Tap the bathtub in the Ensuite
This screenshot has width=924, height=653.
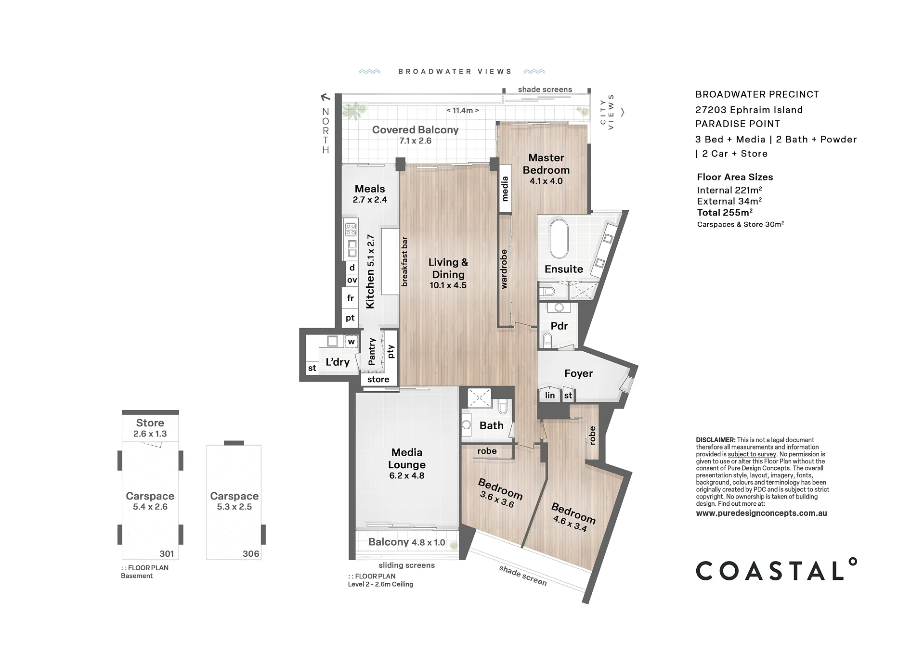click(559, 240)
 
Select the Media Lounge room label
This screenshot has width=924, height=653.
click(407, 464)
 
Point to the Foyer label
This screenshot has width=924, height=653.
click(578, 373)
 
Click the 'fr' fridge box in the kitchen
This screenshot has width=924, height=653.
click(351, 298)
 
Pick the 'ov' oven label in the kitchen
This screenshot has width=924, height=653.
click(352, 280)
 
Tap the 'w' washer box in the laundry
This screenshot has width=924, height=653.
click(351, 342)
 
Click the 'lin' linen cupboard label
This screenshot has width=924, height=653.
click(550, 396)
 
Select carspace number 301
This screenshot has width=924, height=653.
click(167, 553)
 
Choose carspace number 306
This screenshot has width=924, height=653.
click(251, 553)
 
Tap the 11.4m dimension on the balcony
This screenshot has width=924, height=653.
click(463, 111)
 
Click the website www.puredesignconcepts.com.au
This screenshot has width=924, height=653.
click(761, 513)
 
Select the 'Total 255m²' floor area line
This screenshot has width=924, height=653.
click(725, 212)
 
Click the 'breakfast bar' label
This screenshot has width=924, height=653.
click(404, 261)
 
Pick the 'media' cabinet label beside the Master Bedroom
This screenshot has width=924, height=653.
click(505, 189)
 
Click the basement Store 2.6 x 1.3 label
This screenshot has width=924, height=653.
click(150, 428)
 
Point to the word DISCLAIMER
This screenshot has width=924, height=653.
click(716, 440)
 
